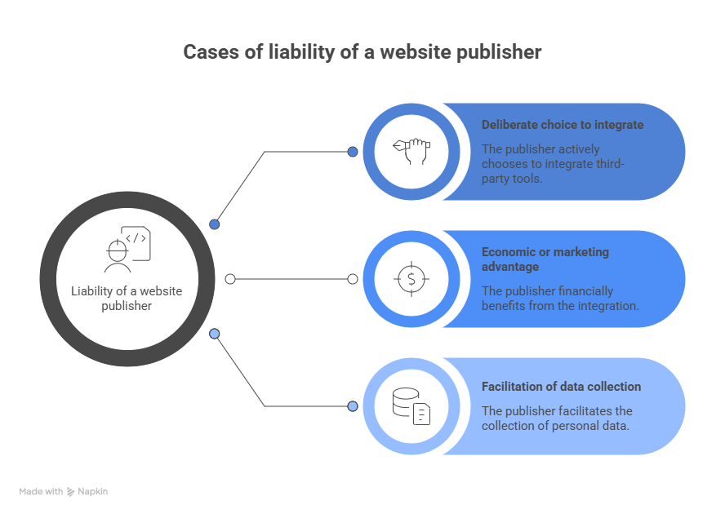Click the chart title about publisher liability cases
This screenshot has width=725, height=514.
point(362,53)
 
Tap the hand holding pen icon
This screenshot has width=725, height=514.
point(411,152)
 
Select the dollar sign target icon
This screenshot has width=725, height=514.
point(411,279)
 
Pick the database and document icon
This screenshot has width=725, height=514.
point(411,406)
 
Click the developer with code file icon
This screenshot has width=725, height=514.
point(127,249)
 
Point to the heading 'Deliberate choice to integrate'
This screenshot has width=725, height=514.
point(562,125)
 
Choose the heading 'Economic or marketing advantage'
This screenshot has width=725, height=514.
point(545,259)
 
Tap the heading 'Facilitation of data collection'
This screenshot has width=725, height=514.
point(561,387)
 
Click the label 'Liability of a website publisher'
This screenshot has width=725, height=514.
point(127,299)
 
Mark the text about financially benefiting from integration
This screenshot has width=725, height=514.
point(560,298)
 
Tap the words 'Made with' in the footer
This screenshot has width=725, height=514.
point(41,492)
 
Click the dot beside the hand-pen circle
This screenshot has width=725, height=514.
point(353,152)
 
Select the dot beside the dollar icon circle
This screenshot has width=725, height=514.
point(353,279)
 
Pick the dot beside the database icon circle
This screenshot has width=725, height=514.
point(353,406)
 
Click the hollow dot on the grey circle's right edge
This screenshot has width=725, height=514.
point(230,279)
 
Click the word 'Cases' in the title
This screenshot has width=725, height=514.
point(207,53)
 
